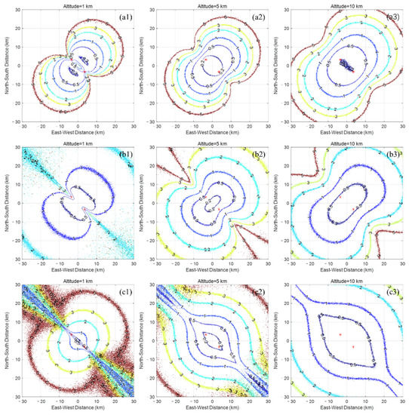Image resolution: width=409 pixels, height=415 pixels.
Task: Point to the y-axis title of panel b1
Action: click(x=6, y=199)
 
